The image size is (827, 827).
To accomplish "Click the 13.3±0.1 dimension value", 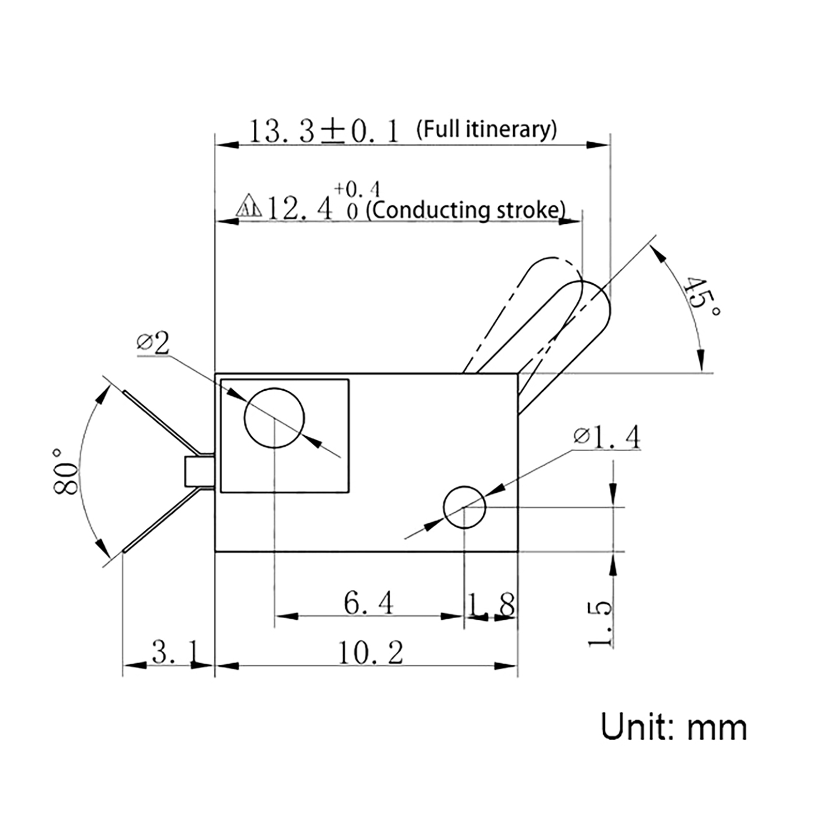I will click(324, 131).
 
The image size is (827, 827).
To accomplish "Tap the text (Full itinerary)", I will click(486, 129).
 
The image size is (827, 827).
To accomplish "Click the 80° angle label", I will click(66, 471).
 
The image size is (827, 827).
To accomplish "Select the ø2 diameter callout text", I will click(153, 343).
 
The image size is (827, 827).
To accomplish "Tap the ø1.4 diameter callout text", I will click(607, 437).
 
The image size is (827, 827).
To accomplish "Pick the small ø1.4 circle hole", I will click(464, 507).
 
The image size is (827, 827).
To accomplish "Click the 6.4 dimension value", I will click(368, 603).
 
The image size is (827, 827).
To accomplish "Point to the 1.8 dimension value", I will click(492, 605).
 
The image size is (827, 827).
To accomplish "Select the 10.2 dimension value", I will click(370, 653).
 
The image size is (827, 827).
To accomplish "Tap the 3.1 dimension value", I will click(174, 652).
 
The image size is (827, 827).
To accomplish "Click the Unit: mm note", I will click(673, 727).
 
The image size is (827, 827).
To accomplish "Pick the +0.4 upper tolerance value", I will click(356, 189).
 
